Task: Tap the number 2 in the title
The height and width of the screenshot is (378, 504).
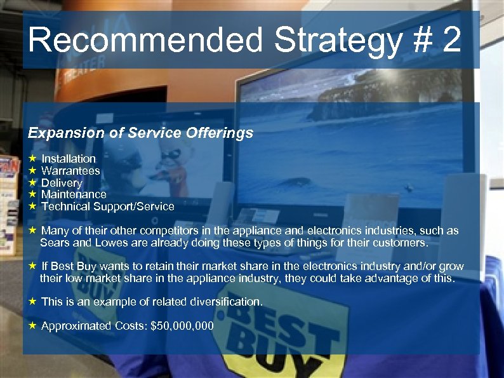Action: point(452,41)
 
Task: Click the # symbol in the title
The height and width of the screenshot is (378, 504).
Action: point(420,41)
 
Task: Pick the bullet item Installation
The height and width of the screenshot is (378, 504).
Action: point(69,159)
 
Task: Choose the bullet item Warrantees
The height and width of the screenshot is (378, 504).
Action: point(70,171)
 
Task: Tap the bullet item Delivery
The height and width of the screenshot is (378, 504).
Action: point(62,183)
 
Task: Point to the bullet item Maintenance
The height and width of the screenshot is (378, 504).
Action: point(74,194)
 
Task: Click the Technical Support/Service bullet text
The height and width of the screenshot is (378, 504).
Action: point(107,206)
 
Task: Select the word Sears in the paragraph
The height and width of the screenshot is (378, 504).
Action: point(54,243)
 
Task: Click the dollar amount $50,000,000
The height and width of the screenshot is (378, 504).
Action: point(182,326)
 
